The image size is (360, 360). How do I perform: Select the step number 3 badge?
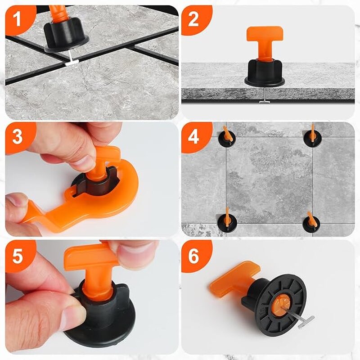pyautogui.click(x=17, y=136)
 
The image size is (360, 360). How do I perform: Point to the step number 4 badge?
pyautogui.click(x=193, y=136)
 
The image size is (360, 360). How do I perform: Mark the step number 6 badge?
pyautogui.click(x=193, y=255)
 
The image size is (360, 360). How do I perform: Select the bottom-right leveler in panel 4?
pyautogui.click(x=310, y=222)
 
